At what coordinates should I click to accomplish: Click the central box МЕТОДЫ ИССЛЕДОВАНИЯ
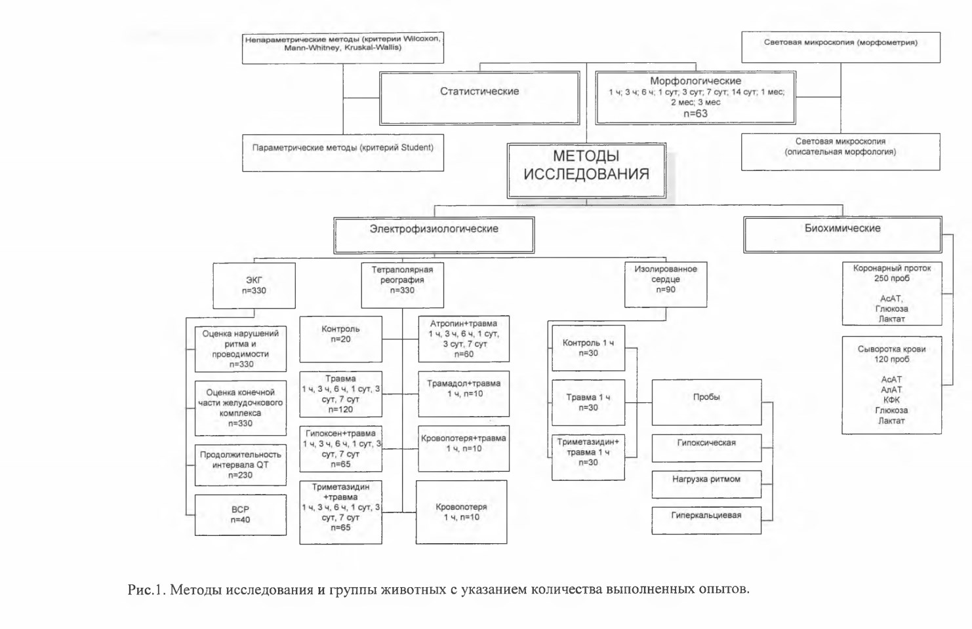(586, 171)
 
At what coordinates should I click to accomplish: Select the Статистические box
(479, 98)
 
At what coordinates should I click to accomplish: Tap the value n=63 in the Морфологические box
(696, 113)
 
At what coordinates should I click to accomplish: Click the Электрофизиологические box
(434, 235)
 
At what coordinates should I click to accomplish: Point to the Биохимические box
(843, 235)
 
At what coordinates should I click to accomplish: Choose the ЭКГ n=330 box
(254, 286)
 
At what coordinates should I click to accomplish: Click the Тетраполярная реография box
(402, 285)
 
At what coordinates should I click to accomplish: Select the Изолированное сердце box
(666, 284)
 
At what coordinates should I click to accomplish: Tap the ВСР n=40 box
(241, 515)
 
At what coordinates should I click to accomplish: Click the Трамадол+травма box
(464, 394)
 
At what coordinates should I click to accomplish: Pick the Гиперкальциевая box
(706, 520)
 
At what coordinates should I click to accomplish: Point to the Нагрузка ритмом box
(706, 484)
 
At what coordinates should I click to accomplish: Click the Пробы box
(706, 402)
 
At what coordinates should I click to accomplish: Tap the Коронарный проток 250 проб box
(892, 294)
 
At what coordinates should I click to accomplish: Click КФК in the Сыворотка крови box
(891, 400)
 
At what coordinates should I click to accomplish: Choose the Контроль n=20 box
(340, 339)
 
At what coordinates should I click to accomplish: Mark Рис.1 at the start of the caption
(146, 590)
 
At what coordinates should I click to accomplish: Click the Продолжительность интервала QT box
(241, 465)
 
